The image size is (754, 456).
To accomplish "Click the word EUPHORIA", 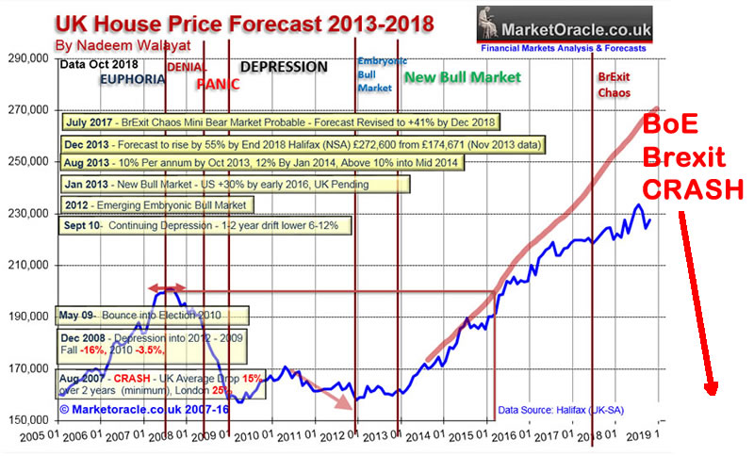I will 130,81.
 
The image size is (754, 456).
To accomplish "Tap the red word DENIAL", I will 188,67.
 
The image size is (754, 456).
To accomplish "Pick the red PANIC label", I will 218,84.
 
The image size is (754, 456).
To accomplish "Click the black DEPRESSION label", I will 284,67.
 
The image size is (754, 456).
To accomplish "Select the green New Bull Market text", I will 462,77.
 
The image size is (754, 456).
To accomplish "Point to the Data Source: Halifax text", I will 565,411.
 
